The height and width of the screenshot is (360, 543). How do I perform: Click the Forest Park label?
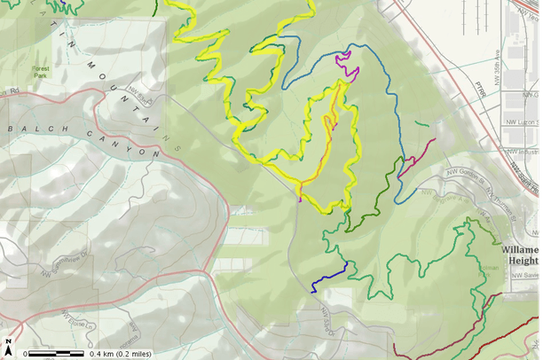tap(41, 70)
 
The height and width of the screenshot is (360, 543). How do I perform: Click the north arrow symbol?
tap(7, 343)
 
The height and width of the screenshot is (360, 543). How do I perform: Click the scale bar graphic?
tap(57, 353)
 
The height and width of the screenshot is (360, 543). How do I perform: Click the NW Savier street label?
tap(525, 276)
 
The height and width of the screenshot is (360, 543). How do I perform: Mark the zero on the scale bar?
tap(26, 354)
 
